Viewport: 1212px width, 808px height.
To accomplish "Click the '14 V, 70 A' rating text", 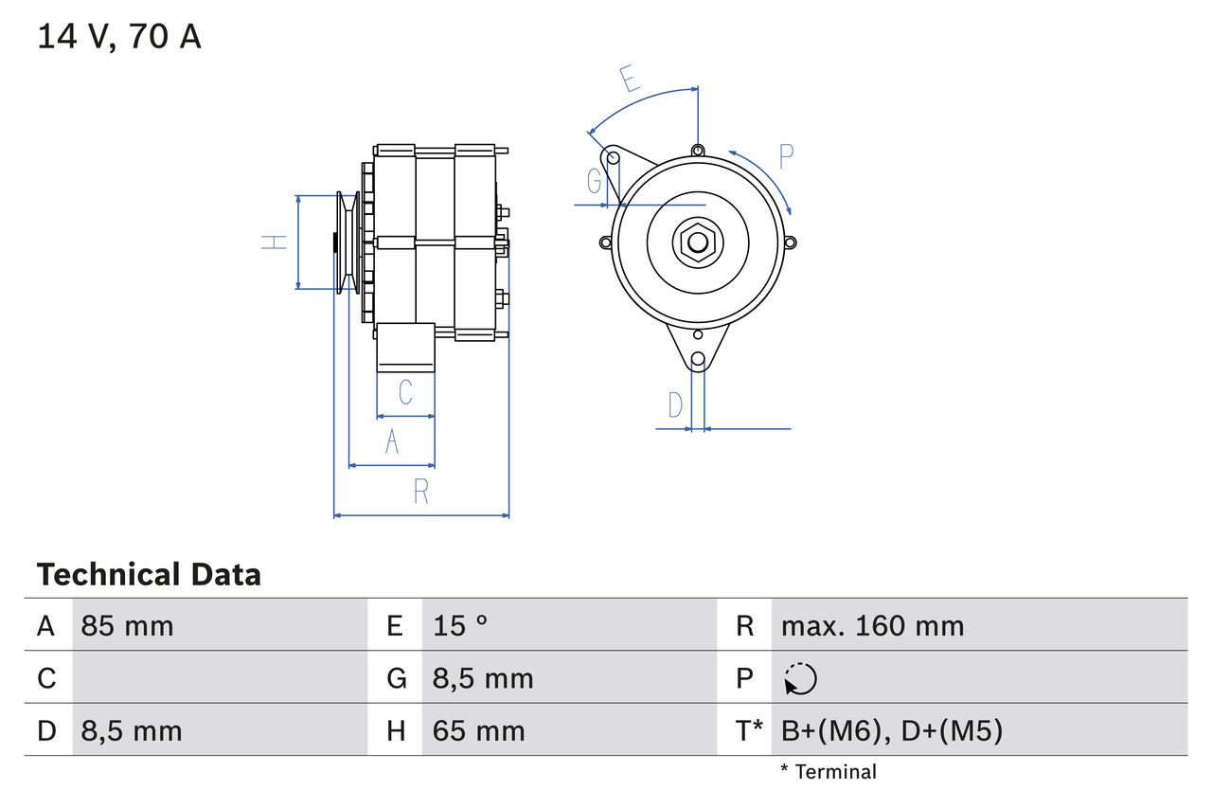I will click(x=118, y=37).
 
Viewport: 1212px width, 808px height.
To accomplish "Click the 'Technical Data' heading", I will click(x=148, y=575).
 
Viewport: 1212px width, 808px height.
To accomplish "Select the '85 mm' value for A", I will click(x=127, y=626).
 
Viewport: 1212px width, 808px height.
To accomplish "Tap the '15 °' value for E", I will click(x=460, y=626).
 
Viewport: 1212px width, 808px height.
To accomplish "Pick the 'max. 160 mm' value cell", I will click(x=872, y=626).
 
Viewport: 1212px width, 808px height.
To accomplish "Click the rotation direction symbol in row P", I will click(x=800, y=679).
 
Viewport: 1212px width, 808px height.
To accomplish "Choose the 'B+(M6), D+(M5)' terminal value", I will click(x=891, y=730).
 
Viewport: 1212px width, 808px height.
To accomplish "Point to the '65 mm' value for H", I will click(x=478, y=730).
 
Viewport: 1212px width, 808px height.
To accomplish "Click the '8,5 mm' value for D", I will click(x=131, y=730).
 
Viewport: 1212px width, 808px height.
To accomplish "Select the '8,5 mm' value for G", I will click(x=483, y=679).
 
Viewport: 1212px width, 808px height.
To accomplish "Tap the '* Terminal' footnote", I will click(x=829, y=772).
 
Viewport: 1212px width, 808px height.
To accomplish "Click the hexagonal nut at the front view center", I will click(x=698, y=242).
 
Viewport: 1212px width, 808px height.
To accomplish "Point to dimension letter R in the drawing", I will click(x=421, y=492).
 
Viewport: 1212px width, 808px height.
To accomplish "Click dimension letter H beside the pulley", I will click(x=274, y=242).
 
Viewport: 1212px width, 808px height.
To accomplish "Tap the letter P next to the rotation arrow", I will click(x=786, y=156).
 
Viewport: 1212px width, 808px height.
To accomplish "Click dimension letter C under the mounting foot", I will click(x=405, y=392).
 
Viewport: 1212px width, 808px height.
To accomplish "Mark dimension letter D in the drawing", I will click(x=675, y=405).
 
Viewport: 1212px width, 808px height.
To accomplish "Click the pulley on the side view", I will click(x=347, y=242).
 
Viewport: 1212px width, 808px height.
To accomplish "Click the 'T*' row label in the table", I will click(x=749, y=730).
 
